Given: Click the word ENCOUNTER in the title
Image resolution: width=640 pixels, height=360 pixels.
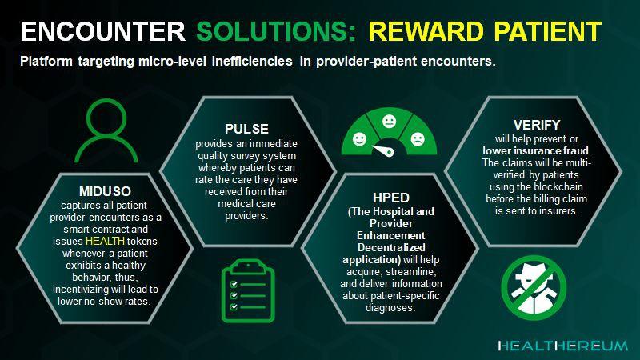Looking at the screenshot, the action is point(103,31).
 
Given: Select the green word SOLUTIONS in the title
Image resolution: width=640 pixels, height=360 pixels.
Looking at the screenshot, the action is point(277,31).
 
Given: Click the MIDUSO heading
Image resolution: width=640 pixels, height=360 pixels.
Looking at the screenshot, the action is point(105,191).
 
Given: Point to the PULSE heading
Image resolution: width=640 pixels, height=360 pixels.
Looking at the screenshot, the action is point(246,129).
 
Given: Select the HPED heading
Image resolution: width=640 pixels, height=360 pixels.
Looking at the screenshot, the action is point(390,198).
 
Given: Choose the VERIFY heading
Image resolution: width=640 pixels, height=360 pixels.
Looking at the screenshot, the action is point(537,125).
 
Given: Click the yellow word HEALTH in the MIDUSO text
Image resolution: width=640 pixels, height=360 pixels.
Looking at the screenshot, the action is point(105,242).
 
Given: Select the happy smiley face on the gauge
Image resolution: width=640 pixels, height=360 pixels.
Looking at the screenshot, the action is point(359,139).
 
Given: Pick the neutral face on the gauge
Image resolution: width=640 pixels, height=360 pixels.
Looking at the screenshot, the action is point(389,122).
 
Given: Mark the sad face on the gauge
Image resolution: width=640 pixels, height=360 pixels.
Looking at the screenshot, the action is point(418,139).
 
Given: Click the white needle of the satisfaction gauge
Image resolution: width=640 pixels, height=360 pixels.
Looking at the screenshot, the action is point(384,150).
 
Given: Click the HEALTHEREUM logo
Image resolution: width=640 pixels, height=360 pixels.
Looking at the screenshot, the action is point(563,346).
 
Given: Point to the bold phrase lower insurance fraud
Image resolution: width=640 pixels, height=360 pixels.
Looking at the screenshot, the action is point(536,151).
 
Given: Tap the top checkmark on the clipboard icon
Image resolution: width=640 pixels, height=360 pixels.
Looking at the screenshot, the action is point(234,284).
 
